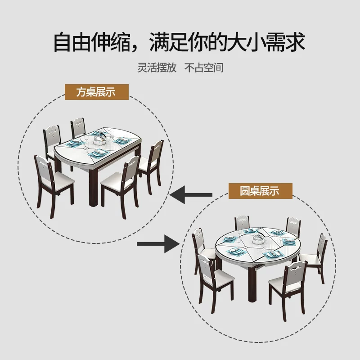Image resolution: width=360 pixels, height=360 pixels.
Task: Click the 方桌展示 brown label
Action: point(96,92)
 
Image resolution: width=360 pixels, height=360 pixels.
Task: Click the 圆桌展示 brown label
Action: point(260,191)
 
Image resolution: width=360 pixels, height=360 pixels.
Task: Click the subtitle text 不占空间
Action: point(204,67)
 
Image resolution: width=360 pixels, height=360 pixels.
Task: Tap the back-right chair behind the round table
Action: point(293,225)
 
